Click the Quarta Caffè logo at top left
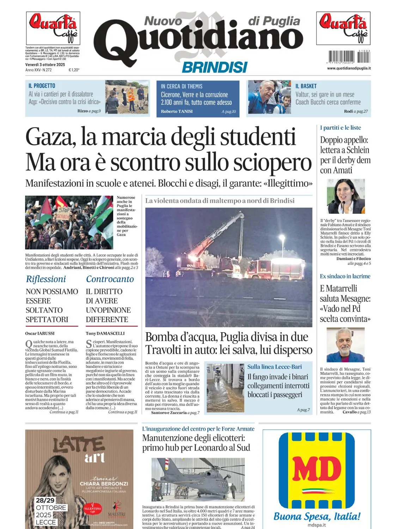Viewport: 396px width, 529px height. [x=53, y=28]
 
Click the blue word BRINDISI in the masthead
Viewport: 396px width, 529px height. [x=214, y=67]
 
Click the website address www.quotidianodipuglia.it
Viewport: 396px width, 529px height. [x=349, y=68]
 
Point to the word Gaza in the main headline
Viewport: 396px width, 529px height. [x=50, y=138]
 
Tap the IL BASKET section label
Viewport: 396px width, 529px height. [x=306, y=86]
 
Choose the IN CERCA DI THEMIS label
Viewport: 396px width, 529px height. [x=182, y=86]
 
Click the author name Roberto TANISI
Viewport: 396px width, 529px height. [x=177, y=111]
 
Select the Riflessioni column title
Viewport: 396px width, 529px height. [x=46, y=279]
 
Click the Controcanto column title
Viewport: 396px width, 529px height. [x=110, y=279]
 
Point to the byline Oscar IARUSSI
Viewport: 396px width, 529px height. [x=40, y=333]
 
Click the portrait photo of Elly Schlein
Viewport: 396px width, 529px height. [x=346, y=196]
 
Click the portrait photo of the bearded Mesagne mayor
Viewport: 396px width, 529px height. [x=346, y=345]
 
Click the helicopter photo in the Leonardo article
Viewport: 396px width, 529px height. [x=198, y=480]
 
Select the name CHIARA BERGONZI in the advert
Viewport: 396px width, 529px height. [x=104, y=484]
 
